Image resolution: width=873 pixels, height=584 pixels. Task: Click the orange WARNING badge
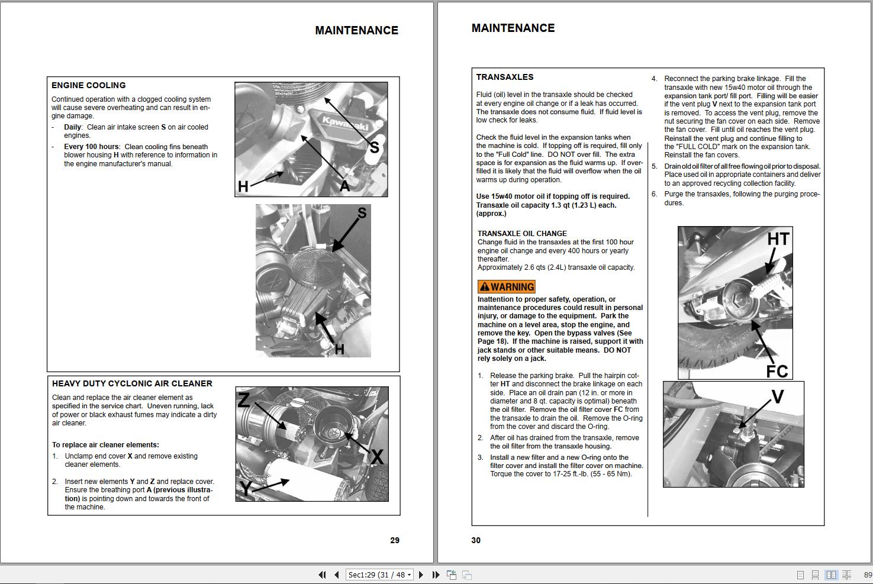[x=506, y=287]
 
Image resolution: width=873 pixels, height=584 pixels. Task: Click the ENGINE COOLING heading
[x=89, y=85]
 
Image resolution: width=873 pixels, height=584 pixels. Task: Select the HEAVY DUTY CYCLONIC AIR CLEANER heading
[x=132, y=383]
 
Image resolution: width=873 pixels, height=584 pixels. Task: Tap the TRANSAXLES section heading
[x=505, y=77]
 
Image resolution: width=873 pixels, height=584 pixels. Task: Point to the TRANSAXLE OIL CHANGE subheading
[x=522, y=234]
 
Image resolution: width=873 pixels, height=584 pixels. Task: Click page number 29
[x=395, y=540]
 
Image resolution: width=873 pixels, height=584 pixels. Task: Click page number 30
[x=476, y=540]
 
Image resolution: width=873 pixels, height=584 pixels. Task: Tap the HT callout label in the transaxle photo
[x=778, y=239]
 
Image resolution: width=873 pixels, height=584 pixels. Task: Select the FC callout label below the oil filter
[x=777, y=371]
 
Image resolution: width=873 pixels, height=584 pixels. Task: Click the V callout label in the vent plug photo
[x=778, y=397]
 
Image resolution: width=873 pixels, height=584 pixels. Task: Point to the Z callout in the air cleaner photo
[x=243, y=401]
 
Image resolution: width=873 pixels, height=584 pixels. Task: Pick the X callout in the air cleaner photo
[x=377, y=456]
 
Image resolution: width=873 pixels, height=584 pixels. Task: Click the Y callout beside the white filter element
[x=246, y=489]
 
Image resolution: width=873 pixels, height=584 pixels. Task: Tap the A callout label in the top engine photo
[x=344, y=186]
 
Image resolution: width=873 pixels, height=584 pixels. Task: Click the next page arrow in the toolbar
[x=421, y=575]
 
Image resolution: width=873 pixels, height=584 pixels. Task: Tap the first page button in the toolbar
[x=322, y=575]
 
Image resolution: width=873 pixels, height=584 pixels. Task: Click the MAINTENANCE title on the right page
[x=513, y=28]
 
